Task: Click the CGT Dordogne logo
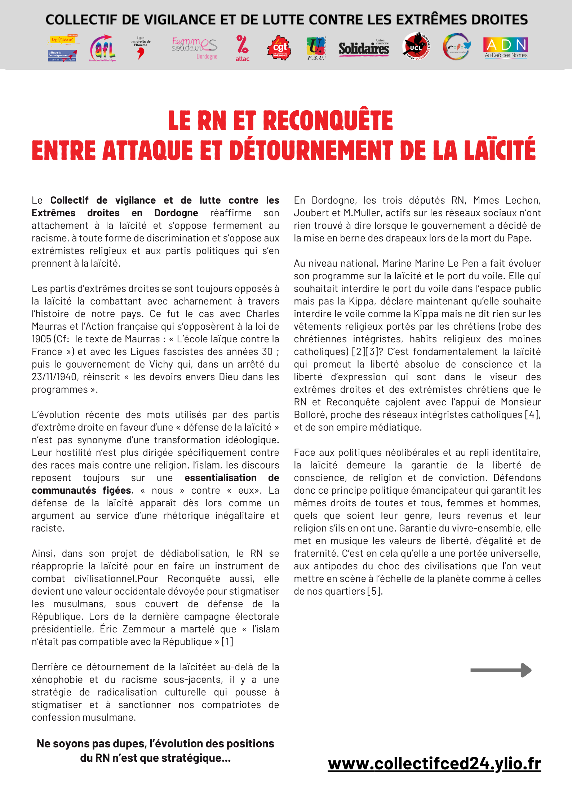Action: pos(279,48)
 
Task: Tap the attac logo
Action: pos(243,48)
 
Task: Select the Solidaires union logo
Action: pos(364,48)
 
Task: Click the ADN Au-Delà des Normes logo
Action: pos(506,48)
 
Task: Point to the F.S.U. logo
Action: pos(316,48)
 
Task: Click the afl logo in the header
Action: pos(103,48)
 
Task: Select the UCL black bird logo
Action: pos(416,47)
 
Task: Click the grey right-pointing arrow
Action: pos(501,670)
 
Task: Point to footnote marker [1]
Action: pos(227,642)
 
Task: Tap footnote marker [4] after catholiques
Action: pos(532,415)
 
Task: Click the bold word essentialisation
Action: pos(220,478)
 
